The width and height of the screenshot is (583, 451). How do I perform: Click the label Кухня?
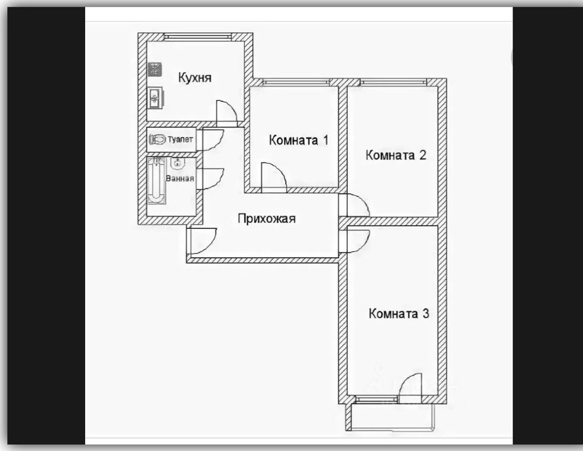tap(195, 77)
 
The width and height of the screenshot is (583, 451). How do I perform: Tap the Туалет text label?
tap(180, 139)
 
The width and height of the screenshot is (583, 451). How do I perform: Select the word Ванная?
tap(180, 179)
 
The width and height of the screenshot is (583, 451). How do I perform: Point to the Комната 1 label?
tap(298, 140)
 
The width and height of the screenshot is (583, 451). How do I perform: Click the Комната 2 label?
tap(395, 155)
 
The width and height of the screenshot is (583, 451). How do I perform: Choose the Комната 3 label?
tap(399, 313)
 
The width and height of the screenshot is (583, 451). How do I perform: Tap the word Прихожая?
tap(266, 219)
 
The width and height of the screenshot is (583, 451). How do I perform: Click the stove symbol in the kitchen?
tap(154, 69)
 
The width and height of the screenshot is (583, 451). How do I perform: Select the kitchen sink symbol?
tap(154, 98)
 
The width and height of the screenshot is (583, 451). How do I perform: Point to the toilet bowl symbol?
tap(157, 139)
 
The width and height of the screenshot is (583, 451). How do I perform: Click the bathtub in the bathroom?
tap(156, 180)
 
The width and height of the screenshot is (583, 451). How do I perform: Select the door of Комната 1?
tap(274, 176)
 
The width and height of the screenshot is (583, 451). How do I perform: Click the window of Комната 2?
tap(394, 82)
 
